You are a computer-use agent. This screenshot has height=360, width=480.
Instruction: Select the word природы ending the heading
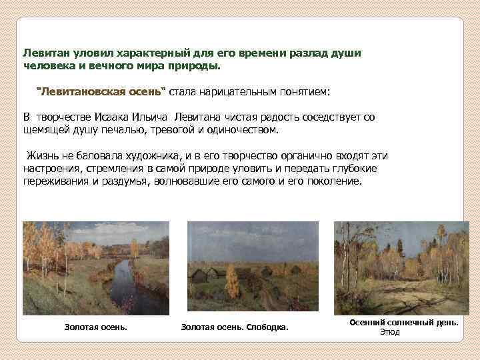pos(197,67)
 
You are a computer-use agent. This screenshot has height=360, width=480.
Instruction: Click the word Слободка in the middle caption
pos(267,327)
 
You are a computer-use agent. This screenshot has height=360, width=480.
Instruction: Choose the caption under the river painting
pos(95,327)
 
